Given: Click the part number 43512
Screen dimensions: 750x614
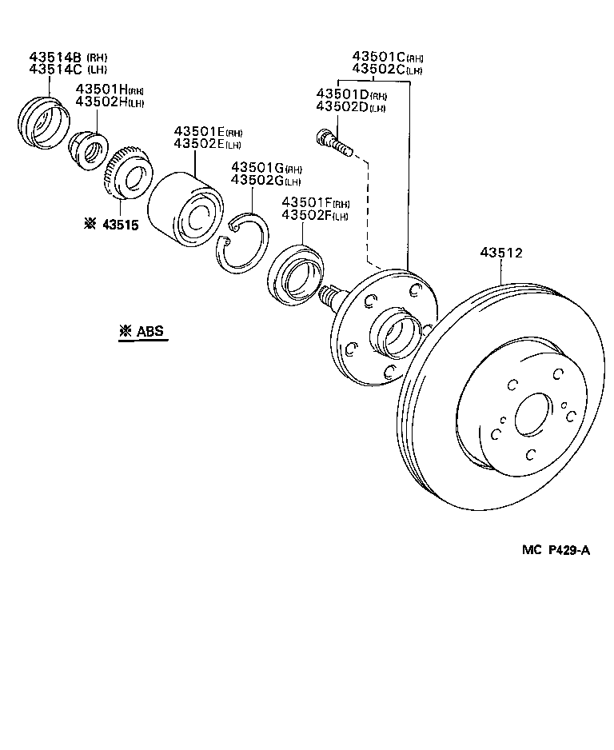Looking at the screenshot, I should (500, 253).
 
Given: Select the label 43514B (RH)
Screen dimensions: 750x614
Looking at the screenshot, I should (68, 58).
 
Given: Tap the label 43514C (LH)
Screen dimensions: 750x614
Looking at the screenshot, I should (68, 70).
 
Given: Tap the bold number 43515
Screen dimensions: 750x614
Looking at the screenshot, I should (120, 225).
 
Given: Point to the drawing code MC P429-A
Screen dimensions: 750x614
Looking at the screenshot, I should (556, 549).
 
